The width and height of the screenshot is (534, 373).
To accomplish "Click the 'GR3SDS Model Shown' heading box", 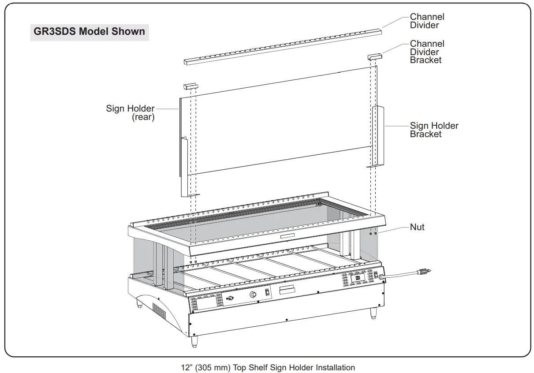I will (x=89, y=32).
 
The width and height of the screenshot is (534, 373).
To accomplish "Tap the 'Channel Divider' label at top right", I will (x=427, y=21).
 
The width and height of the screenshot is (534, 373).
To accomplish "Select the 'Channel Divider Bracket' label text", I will (x=427, y=52).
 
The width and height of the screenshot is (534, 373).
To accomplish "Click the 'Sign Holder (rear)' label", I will (x=131, y=112).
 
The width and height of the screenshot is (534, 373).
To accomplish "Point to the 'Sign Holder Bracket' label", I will (x=434, y=130).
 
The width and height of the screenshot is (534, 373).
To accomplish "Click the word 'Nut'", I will (x=417, y=227).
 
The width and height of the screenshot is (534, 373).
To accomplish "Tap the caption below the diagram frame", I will (x=268, y=367).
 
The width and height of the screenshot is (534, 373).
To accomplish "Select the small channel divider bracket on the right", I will (x=376, y=57).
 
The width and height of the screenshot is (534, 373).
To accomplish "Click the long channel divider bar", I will (x=282, y=46).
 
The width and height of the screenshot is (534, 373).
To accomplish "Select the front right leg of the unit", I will (x=373, y=313).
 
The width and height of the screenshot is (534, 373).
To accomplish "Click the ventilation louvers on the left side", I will (x=159, y=311).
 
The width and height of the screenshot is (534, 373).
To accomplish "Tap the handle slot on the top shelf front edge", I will (x=289, y=237).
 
